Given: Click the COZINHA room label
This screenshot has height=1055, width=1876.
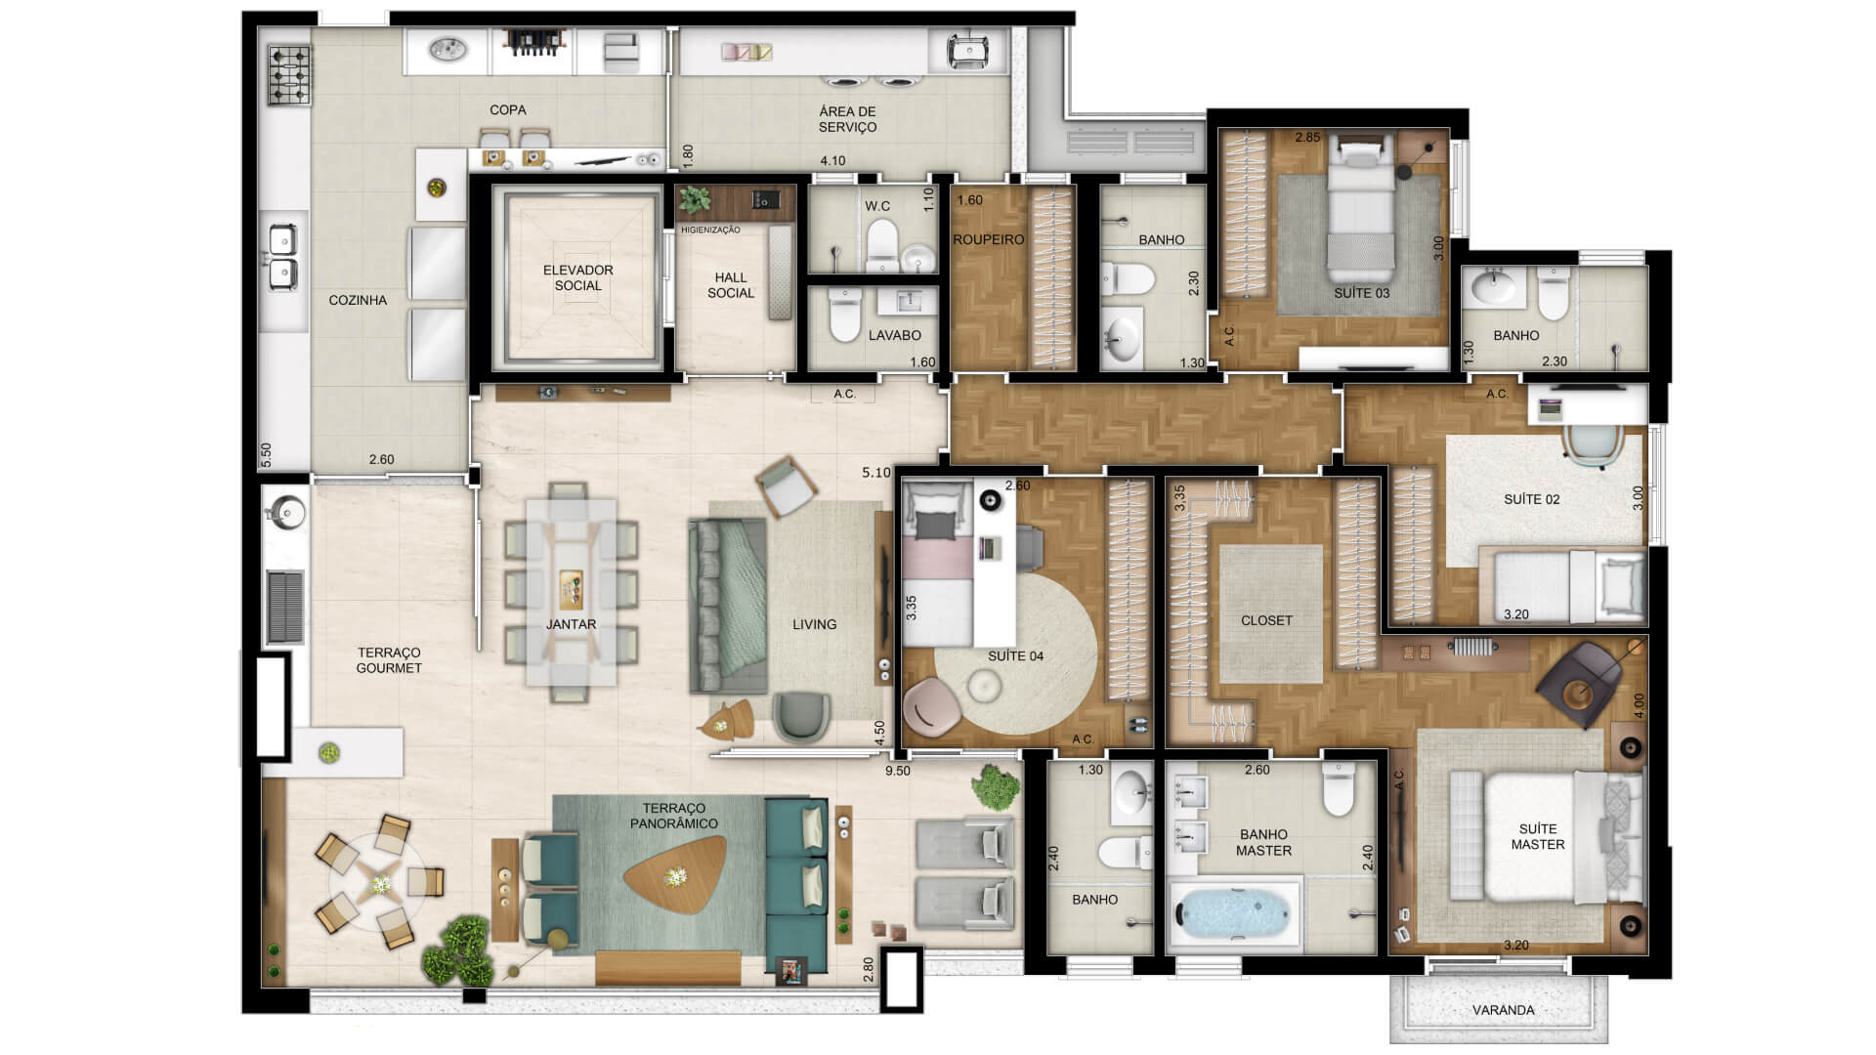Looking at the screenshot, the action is point(358,301).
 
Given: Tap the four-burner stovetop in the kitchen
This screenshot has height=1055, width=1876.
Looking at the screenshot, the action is point(289,74).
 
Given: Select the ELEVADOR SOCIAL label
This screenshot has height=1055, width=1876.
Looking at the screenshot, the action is point(578,278).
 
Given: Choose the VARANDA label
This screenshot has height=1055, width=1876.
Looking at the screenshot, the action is point(1503,1010).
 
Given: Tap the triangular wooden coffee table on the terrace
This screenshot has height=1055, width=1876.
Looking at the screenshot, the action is point(675,881).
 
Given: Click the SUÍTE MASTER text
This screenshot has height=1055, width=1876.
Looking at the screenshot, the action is point(1538,837).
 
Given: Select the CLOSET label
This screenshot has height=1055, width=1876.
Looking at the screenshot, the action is point(1266,620).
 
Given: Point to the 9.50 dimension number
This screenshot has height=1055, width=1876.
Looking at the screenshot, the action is point(898,771).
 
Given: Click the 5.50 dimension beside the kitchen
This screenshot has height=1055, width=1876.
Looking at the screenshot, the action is point(266,455).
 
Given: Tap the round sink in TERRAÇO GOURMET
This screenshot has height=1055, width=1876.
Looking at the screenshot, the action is point(287,509).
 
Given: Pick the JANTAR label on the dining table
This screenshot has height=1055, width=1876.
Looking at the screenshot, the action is point(572,624).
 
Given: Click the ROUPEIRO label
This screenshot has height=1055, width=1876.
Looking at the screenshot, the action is point(989,240).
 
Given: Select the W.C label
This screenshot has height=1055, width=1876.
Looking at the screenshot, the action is point(877,206).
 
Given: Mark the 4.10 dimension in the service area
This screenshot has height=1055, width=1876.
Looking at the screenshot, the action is point(832,161).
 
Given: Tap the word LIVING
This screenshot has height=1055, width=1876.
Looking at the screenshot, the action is point(815,624).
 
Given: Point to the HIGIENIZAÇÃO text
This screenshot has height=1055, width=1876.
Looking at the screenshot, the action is point(710,231).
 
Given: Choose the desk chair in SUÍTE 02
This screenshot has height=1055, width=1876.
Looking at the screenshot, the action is point(1594,442).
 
